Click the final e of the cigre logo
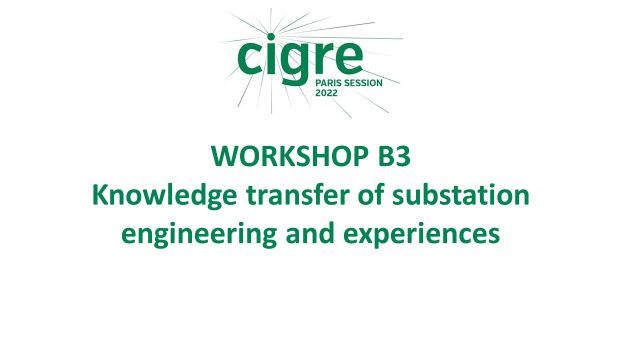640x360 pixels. (353, 57)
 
